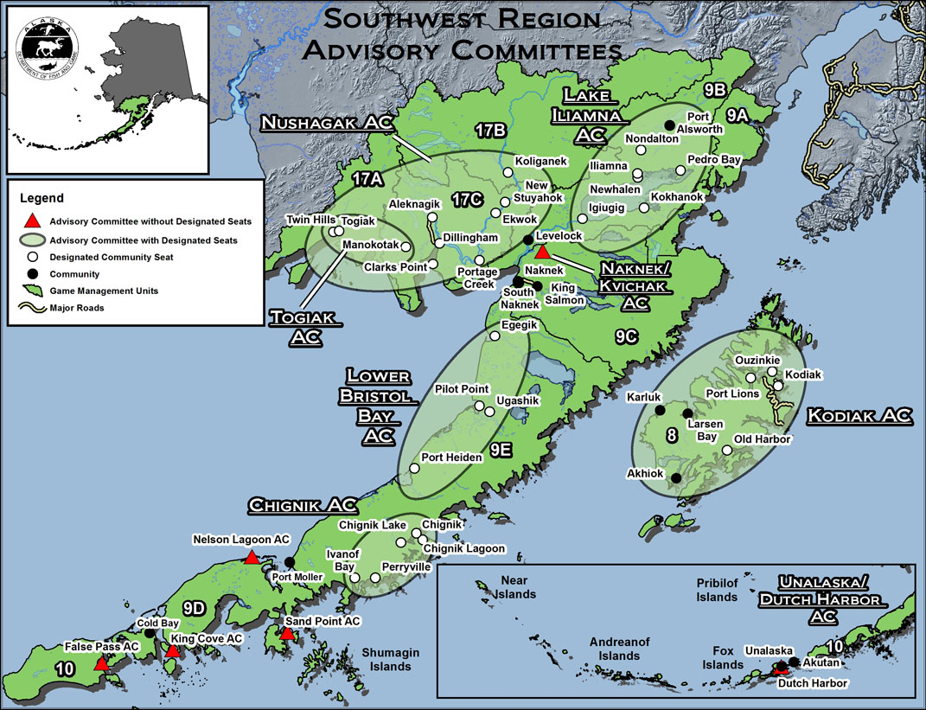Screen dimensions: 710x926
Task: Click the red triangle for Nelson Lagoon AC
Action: pyautogui.click(x=251, y=558)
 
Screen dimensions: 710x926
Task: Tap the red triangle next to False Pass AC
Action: pyautogui.click(x=101, y=664)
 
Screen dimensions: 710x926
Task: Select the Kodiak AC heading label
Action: pyautogui.click(x=859, y=416)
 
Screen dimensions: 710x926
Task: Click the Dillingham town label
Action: pyautogui.click(x=471, y=238)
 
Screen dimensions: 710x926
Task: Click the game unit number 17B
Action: pyautogui.click(x=489, y=130)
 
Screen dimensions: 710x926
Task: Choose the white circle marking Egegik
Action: pyautogui.click(x=495, y=336)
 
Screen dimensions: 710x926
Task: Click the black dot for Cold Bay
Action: pyautogui.click(x=150, y=634)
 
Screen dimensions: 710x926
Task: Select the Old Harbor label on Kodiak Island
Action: pyautogui.click(x=762, y=439)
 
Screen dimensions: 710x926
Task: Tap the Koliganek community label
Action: pyautogui.click(x=540, y=161)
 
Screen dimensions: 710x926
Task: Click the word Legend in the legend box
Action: pyautogui.click(x=45, y=198)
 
